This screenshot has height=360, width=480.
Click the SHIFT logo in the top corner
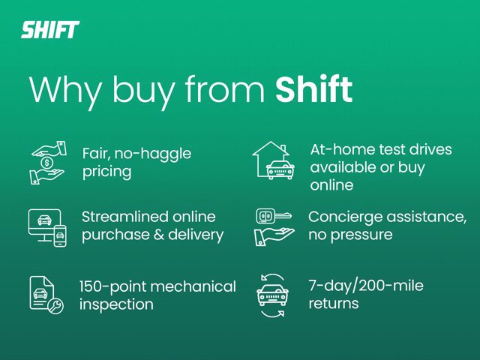(50, 30)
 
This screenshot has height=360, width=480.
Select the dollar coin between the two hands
(46, 163)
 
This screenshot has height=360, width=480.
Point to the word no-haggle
(153, 154)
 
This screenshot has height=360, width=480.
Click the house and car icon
(273, 160)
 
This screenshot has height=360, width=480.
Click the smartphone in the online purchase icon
(60, 235)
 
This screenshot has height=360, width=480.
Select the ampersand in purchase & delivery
(159, 235)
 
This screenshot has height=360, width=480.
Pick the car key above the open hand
(273, 216)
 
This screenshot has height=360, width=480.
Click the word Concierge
(346, 218)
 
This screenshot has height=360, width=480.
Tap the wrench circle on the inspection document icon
(55, 306)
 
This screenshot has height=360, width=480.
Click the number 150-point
(112, 287)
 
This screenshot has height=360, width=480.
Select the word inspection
(116, 305)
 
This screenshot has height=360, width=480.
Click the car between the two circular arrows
(272, 295)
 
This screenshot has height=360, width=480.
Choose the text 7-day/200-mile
(366, 286)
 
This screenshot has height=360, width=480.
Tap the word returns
(334, 304)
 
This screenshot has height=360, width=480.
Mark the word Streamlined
(124, 217)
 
